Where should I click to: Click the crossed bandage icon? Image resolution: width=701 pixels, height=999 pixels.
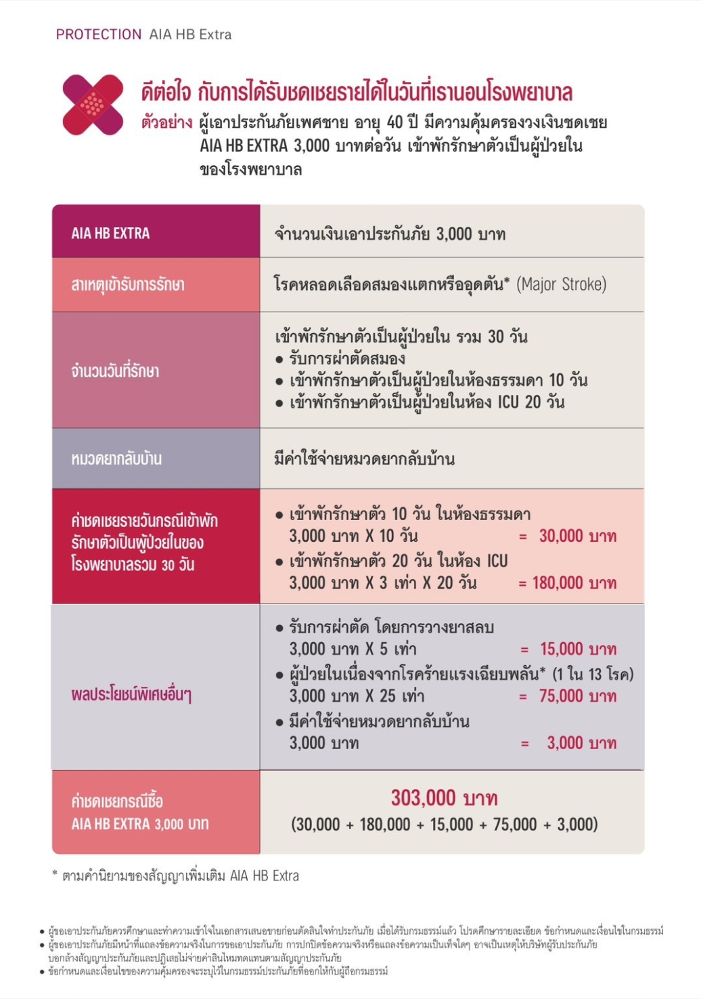[x=93, y=104]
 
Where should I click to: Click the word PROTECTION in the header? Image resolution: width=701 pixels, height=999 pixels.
[x=99, y=35]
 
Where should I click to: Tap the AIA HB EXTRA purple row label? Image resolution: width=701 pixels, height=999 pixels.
[x=111, y=234]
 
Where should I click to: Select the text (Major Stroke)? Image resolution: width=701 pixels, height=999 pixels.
[x=561, y=284]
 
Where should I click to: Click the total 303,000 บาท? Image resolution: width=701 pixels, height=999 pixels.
[x=444, y=798]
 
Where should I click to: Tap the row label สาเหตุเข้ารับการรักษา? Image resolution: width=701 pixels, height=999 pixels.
[x=128, y=285]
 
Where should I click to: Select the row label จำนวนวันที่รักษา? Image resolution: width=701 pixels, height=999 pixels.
[x=115, y=371]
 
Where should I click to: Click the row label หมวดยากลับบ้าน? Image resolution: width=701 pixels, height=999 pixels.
[x=116, y=459]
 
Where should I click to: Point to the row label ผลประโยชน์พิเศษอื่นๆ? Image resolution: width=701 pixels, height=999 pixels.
[x=131, y=695]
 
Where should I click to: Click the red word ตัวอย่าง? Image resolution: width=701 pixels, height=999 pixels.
[x=166, y=123]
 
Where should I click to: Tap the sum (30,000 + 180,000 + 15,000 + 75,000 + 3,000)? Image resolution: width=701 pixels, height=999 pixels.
[x=445, y=824]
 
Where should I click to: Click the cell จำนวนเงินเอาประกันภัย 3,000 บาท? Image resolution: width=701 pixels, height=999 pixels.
[x=390, y=234]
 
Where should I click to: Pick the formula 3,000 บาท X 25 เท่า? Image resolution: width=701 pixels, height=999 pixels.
[x=357, y=696]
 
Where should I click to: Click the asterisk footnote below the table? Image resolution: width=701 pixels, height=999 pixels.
[x=179, y=876]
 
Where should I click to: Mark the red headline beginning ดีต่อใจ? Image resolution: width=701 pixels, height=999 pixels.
[x=357, y=91]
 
